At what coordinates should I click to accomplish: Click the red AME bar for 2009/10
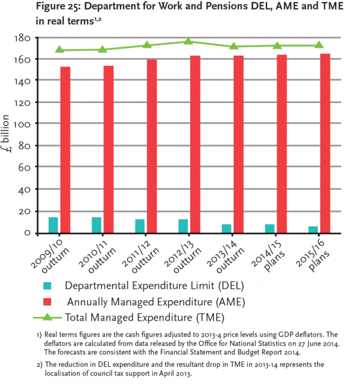pos(65,150)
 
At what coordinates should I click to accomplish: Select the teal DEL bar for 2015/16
pos(313,230)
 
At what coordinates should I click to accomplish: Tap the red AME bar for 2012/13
pos(195,144)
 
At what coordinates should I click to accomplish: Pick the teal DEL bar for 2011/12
pos(140,226)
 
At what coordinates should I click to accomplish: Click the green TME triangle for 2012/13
pos(188,41)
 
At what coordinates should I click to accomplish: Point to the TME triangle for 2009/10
pos(60,49)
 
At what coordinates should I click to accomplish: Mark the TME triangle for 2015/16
pos(319,45)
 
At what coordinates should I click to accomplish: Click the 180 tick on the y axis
pos(22,38)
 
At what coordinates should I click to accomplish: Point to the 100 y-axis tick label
pos(22,124)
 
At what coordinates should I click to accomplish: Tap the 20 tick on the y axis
pos(24,211)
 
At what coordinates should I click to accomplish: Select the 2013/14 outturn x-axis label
pos(226,257)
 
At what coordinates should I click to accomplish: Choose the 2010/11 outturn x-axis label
pos(97,257)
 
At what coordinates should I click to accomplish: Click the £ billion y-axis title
pos(6,134)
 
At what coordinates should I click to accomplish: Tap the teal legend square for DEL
pos(47,286)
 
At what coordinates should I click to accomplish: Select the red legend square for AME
pos(47,301)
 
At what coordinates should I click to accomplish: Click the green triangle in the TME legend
pos(47,317)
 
